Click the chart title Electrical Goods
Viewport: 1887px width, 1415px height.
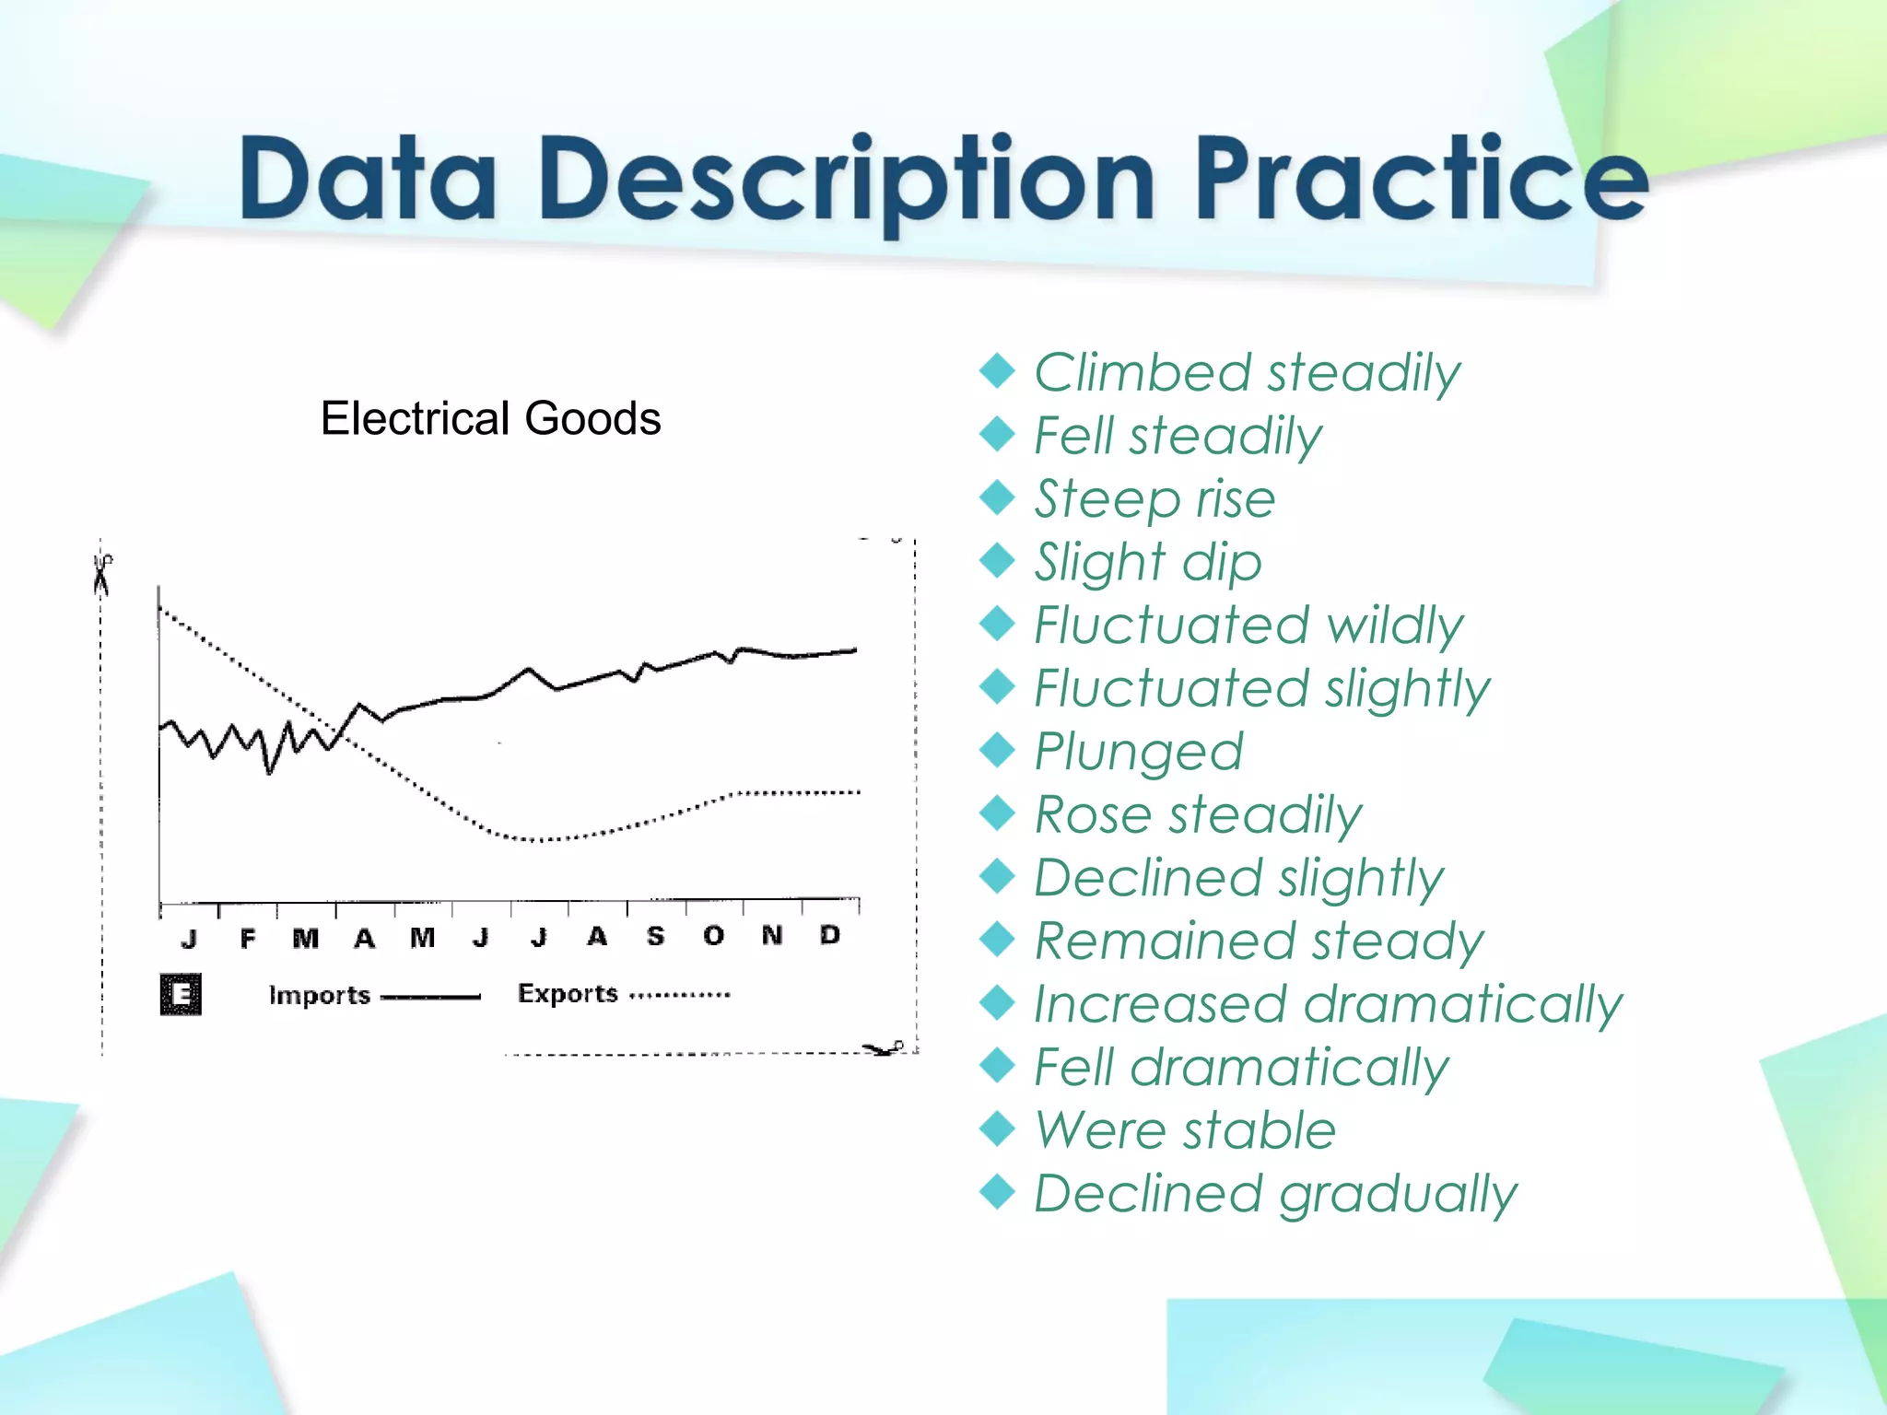pos(490,418)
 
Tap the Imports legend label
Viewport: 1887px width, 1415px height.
pos(319,995)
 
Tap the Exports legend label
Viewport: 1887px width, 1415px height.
pos(568,993)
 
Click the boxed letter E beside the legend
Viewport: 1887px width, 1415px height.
pos(181,994)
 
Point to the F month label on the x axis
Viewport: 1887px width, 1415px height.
pos(247,939)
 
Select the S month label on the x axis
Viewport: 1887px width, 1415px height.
pos(655,936)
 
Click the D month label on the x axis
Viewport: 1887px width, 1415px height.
pos(830,935)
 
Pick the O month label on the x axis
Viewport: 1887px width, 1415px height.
pos(713,936)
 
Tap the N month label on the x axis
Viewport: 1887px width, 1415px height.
pos(772,935)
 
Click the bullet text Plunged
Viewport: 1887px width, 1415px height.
pos(1139,751)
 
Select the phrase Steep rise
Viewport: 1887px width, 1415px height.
pos(1154,498)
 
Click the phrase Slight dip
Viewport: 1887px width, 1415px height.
pos(1147,562)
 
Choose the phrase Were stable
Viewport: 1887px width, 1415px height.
pos(1185,1129)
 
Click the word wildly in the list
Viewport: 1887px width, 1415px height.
pos(1395,625)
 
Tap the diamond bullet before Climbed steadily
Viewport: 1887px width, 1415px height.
pos(997,371)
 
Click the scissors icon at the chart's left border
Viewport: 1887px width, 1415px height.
pos(101,575)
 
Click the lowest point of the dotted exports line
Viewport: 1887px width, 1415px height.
pos(534,840)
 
